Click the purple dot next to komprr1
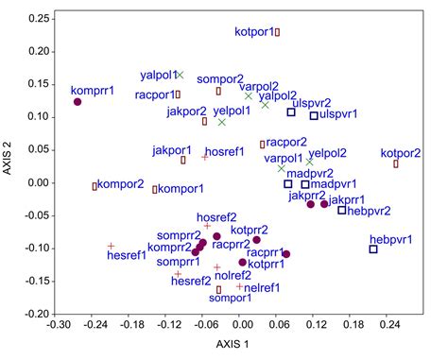pos(78,102)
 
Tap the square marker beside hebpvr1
pos(373,249)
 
